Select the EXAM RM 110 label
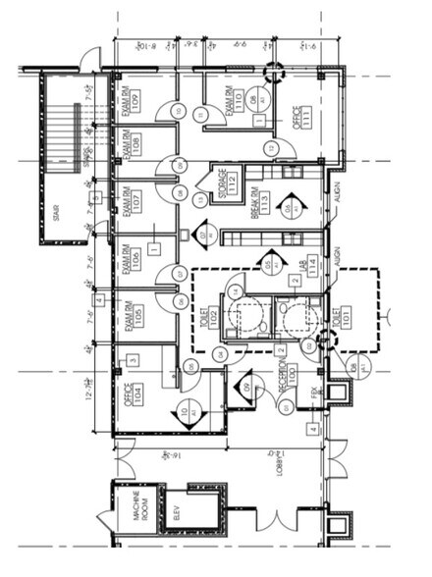tap(234, 101)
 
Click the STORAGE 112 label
tap(227, 183)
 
